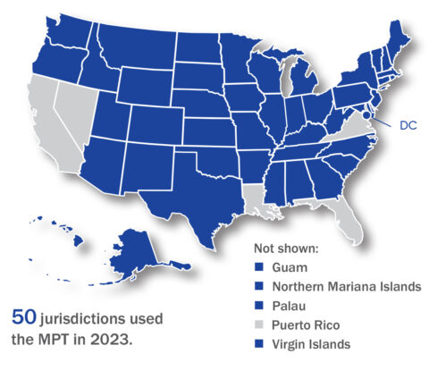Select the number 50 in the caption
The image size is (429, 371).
[23, 316]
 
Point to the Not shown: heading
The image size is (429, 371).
[283, 249]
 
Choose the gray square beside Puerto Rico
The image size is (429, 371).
[258, 325]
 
